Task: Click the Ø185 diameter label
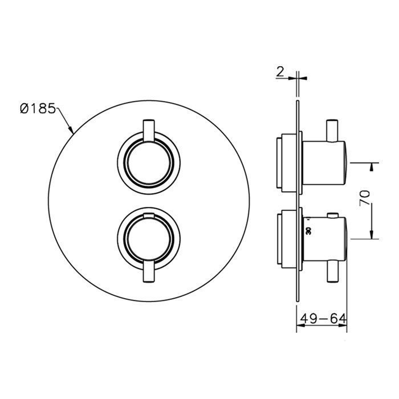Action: (x=38, y=109)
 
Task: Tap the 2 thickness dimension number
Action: (x=280, y=72)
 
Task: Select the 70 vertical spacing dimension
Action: (x=365, y=198)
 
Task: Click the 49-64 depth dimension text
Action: (x=323, y=318)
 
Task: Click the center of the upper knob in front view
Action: (x=149, y=163)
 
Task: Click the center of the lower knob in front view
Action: (x=149, y=240)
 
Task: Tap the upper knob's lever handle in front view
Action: (x=149, y=130)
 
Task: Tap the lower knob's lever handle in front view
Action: (x=149, y=271)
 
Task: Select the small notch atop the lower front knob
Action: (x=149, y=215)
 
